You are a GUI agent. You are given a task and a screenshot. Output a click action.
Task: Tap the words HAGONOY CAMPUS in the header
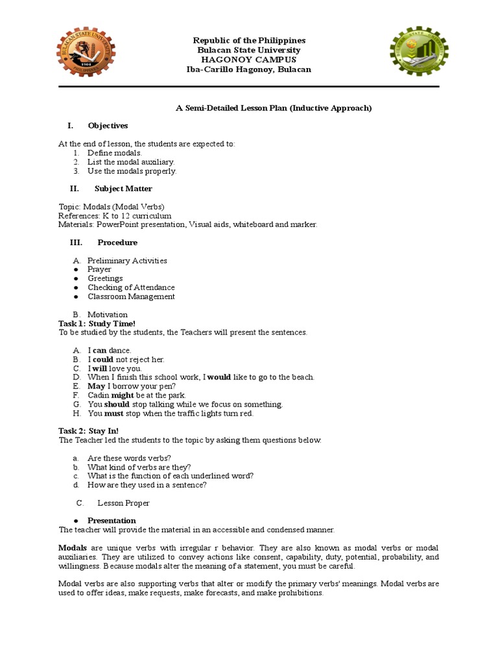[248, 60]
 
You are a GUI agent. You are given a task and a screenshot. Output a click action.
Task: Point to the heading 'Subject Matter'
[123, 189]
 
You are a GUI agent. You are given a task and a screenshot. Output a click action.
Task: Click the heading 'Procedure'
[117, 243]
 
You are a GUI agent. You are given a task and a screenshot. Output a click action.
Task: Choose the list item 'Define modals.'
[115, 152]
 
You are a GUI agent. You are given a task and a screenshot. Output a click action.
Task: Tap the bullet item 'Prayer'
[99, 269]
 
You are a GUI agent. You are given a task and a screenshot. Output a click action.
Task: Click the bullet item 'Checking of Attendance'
[131, 287]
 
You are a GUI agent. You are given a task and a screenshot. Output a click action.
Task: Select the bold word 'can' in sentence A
[99, 350]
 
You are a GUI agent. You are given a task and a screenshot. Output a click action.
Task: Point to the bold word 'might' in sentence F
[123, 395]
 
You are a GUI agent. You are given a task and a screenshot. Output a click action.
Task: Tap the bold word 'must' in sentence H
[113, 413]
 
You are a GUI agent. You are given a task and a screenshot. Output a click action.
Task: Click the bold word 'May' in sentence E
[96, 386]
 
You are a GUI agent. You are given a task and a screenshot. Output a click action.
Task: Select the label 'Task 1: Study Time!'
[97, 324]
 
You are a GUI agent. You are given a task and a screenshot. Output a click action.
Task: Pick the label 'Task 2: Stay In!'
[89, 431]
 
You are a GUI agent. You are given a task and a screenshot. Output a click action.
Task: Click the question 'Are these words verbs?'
[129, 458]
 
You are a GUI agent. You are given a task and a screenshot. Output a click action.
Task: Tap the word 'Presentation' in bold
[112, 521]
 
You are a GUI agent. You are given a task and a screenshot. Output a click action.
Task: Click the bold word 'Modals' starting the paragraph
[72, 548]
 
